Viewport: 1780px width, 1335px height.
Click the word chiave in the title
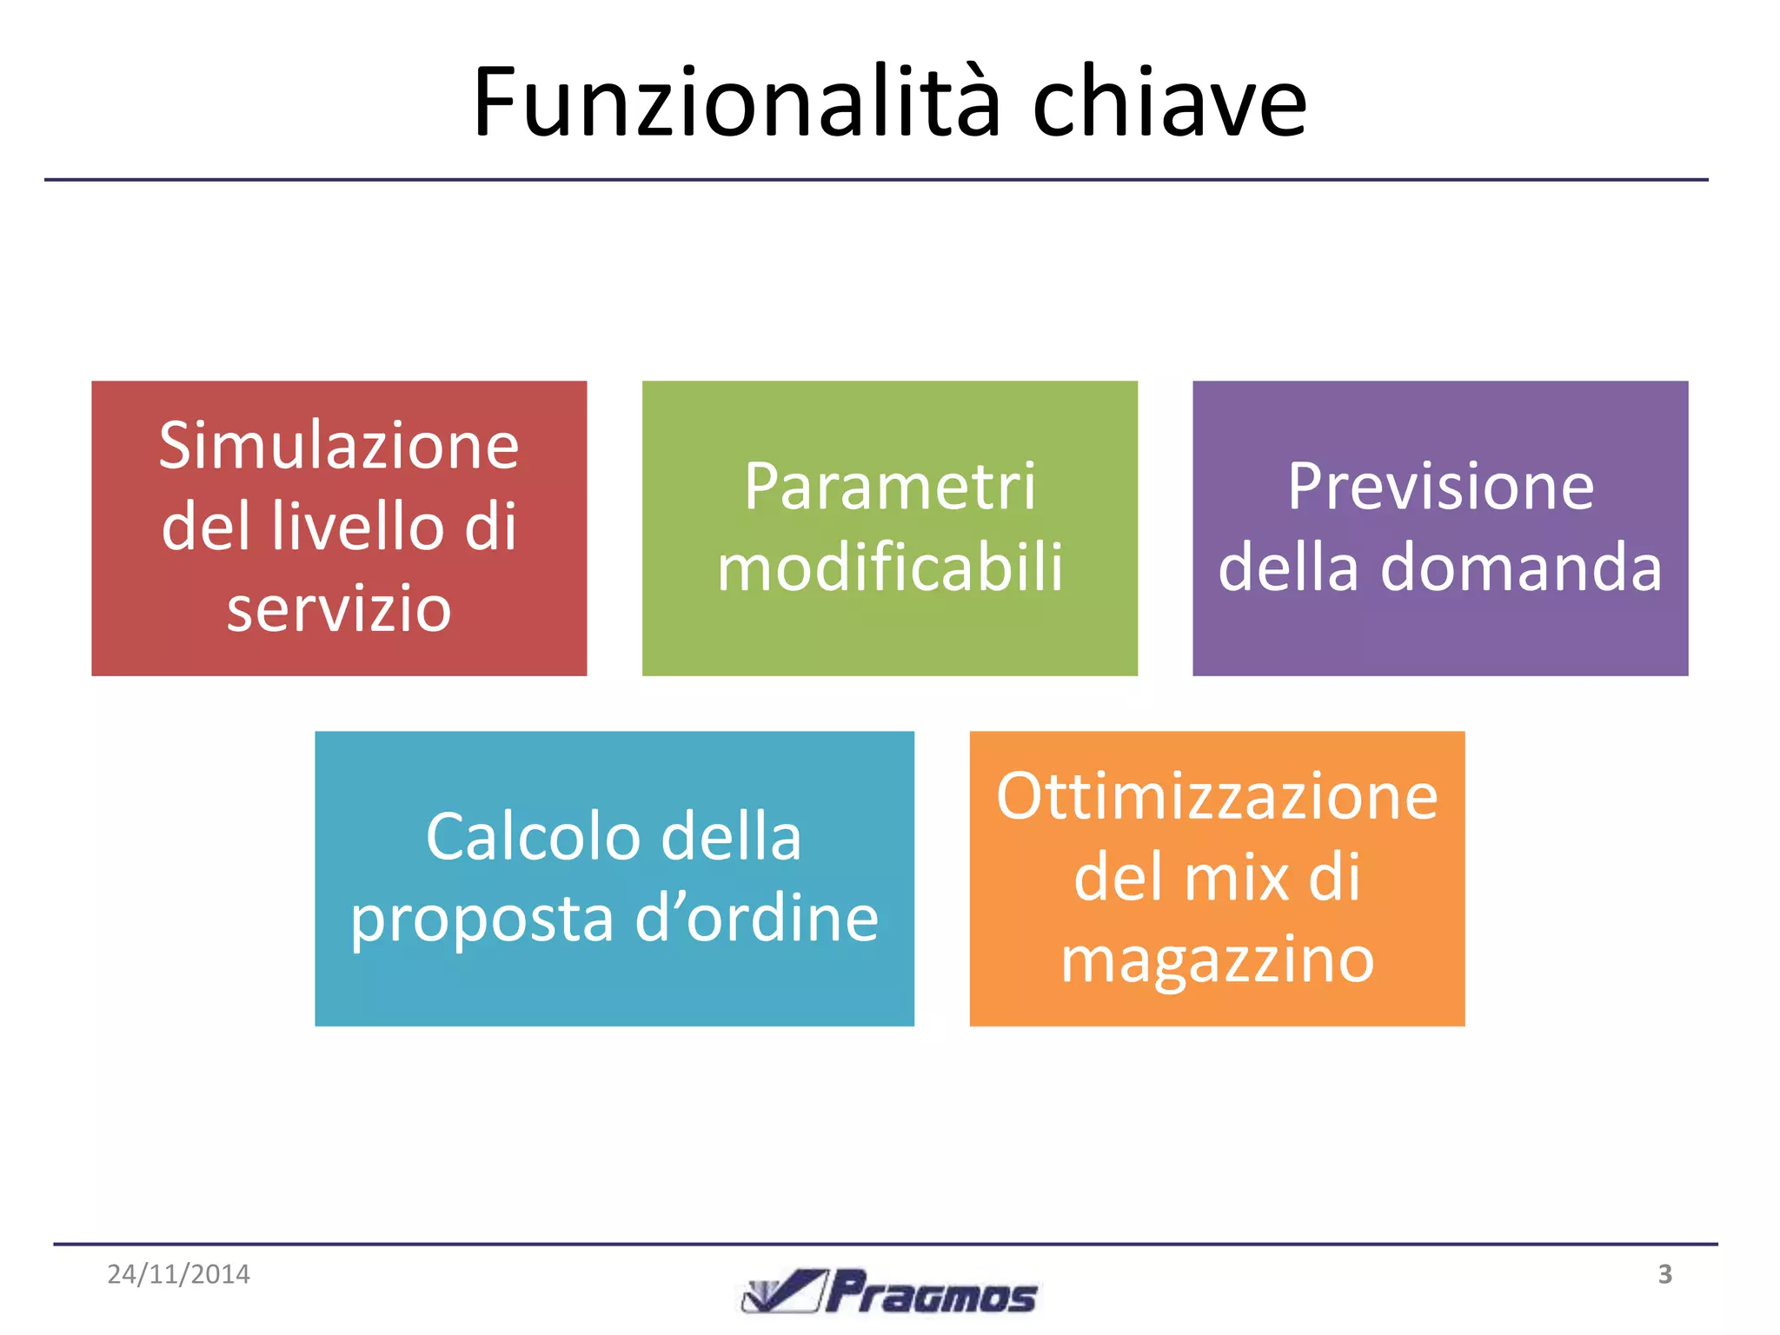coord(1169,103)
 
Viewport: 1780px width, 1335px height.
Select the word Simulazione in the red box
coord(339,446)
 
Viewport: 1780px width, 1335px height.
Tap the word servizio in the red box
coord(339,608)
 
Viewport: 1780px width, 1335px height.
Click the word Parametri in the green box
coord(890,487)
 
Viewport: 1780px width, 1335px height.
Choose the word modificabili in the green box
coord(890,568)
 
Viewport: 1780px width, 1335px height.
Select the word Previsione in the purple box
coord(1440,487)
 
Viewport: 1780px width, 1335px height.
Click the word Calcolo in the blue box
coord(528,837)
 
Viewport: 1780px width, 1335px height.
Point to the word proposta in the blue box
coord(482,919)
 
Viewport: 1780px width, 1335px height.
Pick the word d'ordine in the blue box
coord(756,919)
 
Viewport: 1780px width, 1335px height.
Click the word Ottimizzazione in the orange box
coord(1217,796)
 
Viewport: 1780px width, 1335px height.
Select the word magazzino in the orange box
coord(1217,960)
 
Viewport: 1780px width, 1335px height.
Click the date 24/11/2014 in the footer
coord(178,1274)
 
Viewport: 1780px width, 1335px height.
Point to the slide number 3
coord(1664,1274)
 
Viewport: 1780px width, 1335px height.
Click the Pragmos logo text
coord(932,1293)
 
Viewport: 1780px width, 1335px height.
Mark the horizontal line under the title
coord(876,180)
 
